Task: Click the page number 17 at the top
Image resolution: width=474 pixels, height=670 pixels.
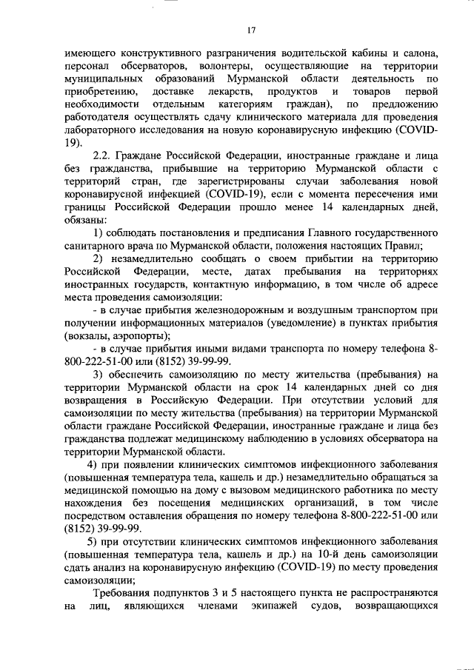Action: (x=251, y=30)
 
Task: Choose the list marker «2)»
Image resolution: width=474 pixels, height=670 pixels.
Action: (x=98, y=258)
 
